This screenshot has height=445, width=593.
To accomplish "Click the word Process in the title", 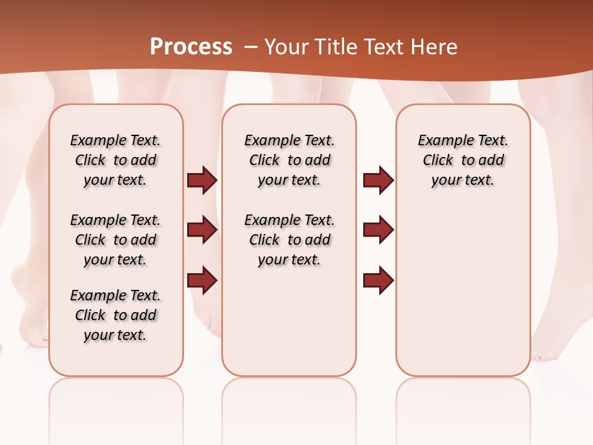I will coord(191,47).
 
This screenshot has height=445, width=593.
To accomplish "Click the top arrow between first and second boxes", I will coord(202,180).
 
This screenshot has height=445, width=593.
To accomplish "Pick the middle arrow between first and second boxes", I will coord(202,231).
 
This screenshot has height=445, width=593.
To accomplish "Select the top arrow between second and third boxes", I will coord(378,180).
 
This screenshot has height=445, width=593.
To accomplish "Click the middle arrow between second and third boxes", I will coord(378,231).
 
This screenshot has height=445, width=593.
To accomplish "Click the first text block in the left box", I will coord(116,160).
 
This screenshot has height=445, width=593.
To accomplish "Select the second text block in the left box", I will coord(116,240).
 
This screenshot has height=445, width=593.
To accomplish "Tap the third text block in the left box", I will coord(116,315).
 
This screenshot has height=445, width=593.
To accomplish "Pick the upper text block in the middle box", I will coord(289,160).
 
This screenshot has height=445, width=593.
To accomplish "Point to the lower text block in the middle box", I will coord(289,240).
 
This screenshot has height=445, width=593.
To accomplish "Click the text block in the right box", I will coord(463,160).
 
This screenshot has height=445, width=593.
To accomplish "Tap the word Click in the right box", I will coord(438,161).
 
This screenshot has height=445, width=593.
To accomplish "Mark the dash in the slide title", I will coord(251,47).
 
